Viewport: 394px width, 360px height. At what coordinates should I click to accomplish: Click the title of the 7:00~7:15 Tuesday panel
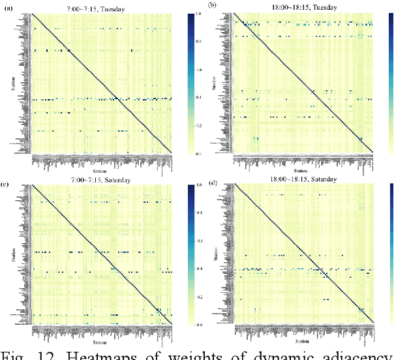(102, 8)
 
